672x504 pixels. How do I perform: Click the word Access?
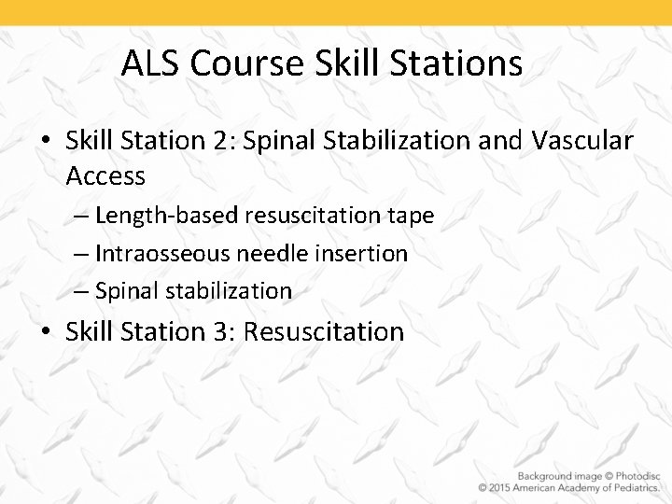[105, 175]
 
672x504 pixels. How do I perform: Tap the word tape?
[412, 216]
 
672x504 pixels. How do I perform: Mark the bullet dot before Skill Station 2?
[46, 142]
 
